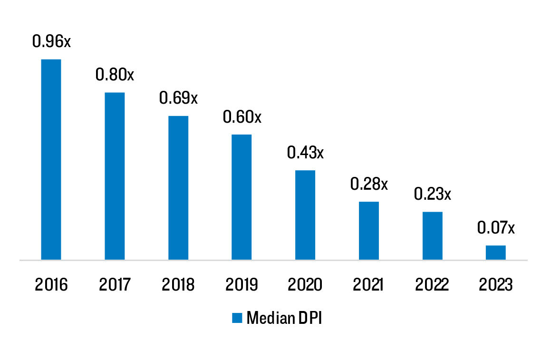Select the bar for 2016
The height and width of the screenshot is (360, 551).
pyautogui.click(x=51, y=159)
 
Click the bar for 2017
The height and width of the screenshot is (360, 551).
pyautogui.click(x=115, y=176)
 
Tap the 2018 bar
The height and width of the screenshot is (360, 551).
pyautogui.click(x=178, y=188)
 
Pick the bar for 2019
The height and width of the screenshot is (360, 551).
pyautogui.click(x=242, y=197)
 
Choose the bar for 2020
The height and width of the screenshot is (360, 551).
pyautogui.click(x=305, y=215)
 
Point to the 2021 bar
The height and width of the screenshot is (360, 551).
pyautogui.click(x=369, y=231)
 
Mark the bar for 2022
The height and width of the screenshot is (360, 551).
pyautogui.click(x=432, y=236)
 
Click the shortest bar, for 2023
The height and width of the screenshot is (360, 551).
pyautogui.click(x=496, y=253)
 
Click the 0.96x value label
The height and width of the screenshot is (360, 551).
pyautogui.click(x=51, y=41)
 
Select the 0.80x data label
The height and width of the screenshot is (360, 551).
pyautogui.click(x=115, y=75)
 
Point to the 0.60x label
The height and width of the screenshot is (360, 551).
pyautogui.click(x=242, y=117)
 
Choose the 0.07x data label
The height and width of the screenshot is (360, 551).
pyautogui.click(x=496, y=228)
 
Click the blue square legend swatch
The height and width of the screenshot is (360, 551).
pyautogui.click(x=237, y=318)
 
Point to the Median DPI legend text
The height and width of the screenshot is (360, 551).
pyautogui.click(x=284, y=318)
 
